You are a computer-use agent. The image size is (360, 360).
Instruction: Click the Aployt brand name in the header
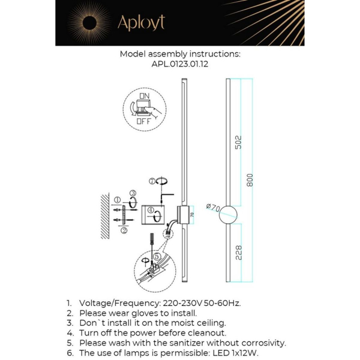click(141, 23)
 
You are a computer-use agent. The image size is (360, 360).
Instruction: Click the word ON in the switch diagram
click(145, 96)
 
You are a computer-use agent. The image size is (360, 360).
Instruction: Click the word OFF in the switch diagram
click(143, 121)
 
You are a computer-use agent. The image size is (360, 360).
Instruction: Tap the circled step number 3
click(133, 193)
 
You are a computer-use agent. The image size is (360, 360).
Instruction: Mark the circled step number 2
click(123, 230)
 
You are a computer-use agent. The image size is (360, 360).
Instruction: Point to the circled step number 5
click(157, 256)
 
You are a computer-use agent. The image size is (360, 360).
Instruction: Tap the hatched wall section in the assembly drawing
click(105, 216)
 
